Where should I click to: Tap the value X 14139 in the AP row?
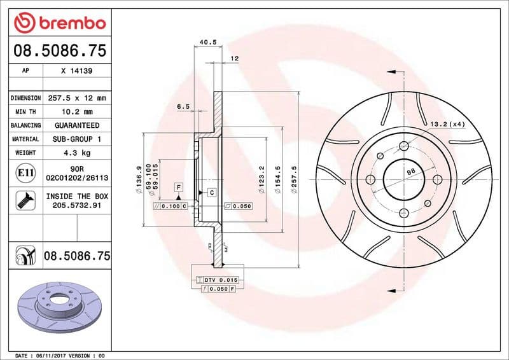coord(76,72)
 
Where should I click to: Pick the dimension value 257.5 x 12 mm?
coord(76,99)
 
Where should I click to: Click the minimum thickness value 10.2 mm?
coord(76,112)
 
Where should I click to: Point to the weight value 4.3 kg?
coord(76,153)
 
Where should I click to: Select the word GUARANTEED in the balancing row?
coord(76,125)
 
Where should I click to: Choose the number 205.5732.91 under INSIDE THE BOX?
coord(76,205)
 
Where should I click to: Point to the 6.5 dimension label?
coord(183,107)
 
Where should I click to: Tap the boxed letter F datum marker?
coord(179,187)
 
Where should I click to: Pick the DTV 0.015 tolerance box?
coord(219,280)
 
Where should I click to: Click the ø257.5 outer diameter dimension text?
coord(295,177)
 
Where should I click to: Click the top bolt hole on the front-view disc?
coord(403,146)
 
